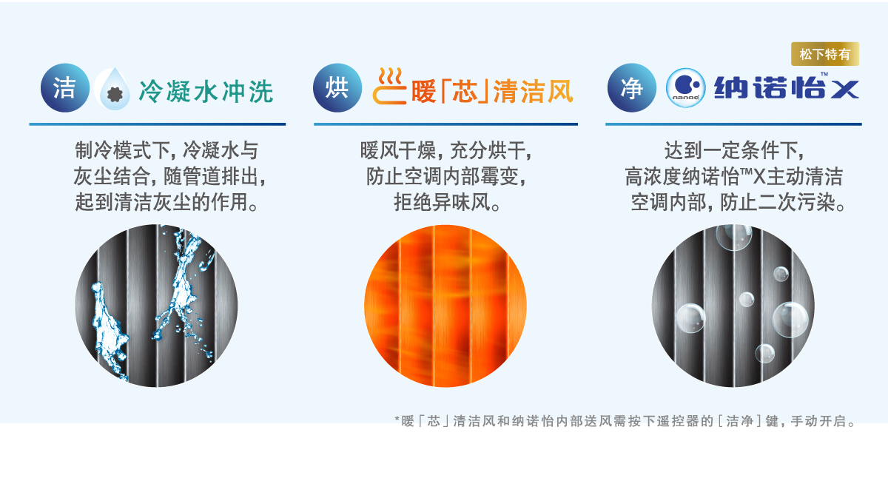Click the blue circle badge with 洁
65,87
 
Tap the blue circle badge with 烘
337,87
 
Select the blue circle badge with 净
632,87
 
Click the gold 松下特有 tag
825,54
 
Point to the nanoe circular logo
686,87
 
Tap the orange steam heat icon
389,87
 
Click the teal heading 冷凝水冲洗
206,91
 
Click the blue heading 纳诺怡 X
787,87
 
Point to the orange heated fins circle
445,306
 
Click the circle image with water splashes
156,306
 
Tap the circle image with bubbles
733,306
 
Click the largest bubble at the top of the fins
734,236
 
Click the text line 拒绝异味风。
447,202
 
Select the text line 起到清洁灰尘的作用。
166,202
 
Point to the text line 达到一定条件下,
734,150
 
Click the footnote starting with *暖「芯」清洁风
626,421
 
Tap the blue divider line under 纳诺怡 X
733,124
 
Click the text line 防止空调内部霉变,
445,176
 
